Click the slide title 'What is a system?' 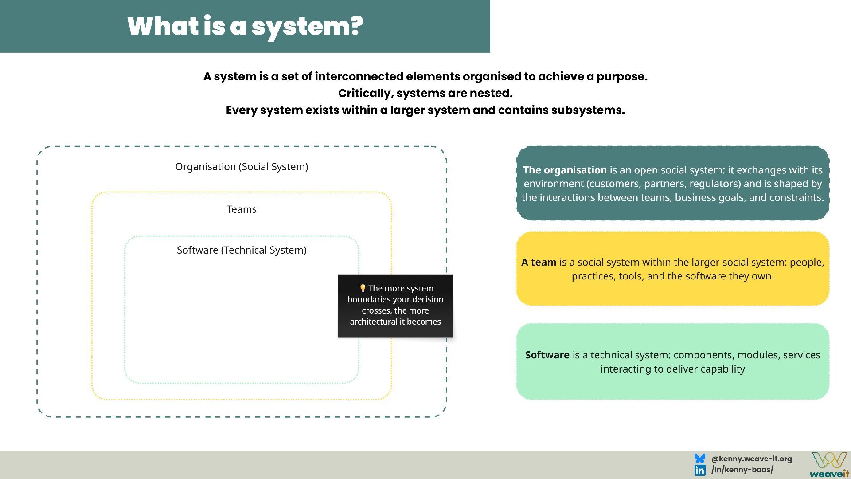[x=245, y=26]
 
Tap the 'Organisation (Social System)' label [x=242, y=167]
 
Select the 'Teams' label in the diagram [x=242, y=209]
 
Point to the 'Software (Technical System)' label [x=242, y=250]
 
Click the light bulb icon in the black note [x=363, y=289]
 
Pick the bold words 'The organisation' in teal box [x=565, y=170]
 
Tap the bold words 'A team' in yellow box [x=539, y=262]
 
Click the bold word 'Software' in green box [x=547, y=355]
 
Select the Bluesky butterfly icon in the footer [x=700, y=459]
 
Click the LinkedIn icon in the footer [x=700, y=470]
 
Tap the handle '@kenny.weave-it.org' [x=751, y=459]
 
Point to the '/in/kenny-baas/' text [x=742, y=470]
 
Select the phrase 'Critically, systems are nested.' [x=425, y=93]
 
